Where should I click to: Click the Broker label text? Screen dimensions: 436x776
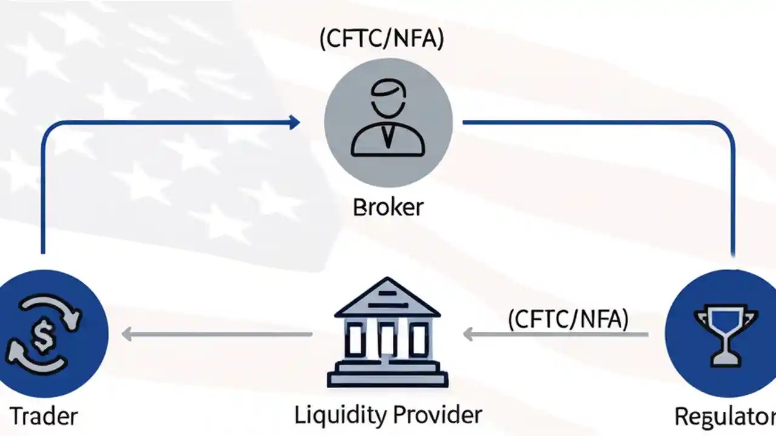pos(388,207)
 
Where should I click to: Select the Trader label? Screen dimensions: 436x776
pos(44,417)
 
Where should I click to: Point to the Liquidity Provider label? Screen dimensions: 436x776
pos(388,415)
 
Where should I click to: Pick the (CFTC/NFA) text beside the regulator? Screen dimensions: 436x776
pos(568,319)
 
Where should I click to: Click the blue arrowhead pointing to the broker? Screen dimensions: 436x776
pos(295,123)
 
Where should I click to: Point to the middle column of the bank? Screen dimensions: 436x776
pos(387,339)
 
